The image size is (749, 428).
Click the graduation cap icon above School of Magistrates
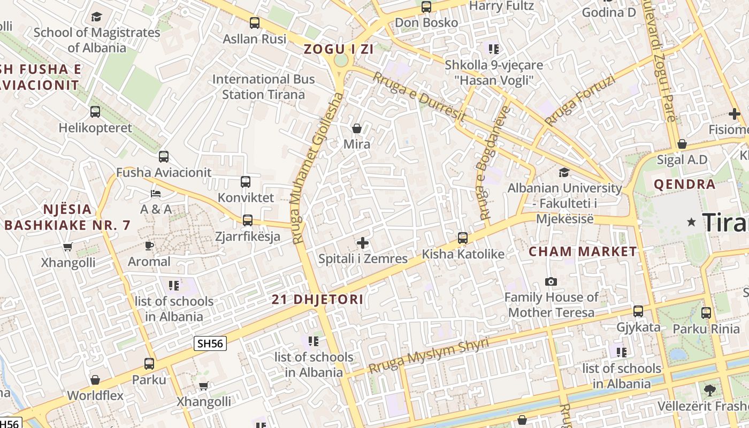96,17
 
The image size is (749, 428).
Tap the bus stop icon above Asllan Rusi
255,23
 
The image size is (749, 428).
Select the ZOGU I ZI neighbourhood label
338,49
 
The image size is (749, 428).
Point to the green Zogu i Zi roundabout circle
340,60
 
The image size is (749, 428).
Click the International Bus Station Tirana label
263,87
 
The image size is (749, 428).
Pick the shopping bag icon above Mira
357,128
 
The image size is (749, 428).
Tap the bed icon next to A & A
156,193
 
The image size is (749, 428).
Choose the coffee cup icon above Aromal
149,246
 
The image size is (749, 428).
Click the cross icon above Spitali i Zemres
363,243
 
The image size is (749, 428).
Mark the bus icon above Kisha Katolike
463,238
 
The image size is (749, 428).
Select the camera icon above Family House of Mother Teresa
551,281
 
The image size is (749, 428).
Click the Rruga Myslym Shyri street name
429,356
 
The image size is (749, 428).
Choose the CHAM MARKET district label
583,251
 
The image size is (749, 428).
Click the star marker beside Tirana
692,221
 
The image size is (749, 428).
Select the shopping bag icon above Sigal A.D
682,144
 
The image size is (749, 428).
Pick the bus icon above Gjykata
638,311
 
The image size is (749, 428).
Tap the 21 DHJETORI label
317,300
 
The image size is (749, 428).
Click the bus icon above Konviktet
246,182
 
